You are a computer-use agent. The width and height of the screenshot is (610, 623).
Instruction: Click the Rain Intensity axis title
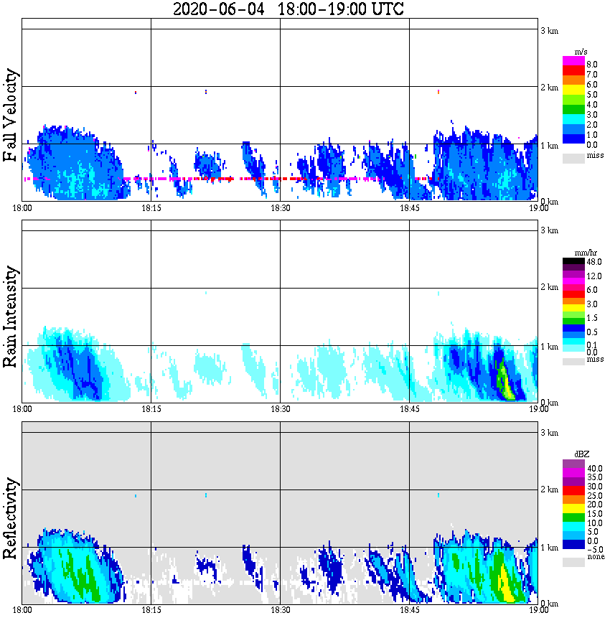[x=10, y=317]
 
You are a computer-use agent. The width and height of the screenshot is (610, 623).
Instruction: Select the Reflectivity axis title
[x=10, y=515]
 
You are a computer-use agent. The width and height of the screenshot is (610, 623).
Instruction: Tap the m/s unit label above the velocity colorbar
[x=581, y=52]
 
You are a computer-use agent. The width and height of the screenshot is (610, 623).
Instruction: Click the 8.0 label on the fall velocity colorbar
[x=592, y=64]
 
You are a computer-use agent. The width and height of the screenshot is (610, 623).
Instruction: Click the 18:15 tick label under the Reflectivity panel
[x=151, y=610]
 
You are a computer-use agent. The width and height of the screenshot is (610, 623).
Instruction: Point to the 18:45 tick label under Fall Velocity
[x=409, y=208]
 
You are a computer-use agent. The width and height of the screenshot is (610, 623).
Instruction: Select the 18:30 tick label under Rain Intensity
[x=280, y=409]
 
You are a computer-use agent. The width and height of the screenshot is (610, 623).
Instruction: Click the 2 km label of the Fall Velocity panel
[x=549, y=88]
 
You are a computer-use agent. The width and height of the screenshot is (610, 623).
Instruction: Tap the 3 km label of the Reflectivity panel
[x=549, y=433]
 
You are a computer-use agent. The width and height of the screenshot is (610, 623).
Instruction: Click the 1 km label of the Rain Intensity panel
[x=549, y=347]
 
